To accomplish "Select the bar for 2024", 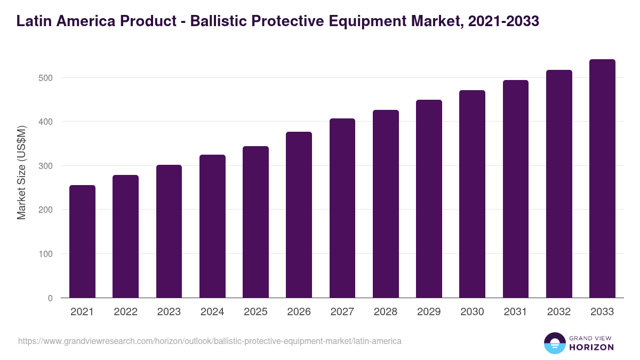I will tap(212, 226).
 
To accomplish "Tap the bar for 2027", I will tap(342, 208).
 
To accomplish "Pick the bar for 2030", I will tap(473, 194).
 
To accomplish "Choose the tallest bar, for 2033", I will tap(602, 179).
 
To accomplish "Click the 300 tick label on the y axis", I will tap(46, 166).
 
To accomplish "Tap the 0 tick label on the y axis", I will tap(50, 298).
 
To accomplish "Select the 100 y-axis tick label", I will tap(46, 254).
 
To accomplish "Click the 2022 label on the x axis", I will tap(125, 312).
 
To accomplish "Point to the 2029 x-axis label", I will tap(429, 312).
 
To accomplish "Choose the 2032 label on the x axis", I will tap(559, 312).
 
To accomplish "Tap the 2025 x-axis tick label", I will tap(255, 312).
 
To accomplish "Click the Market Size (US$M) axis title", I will tap(21, 173).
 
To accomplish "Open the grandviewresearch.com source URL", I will tap(210, 341).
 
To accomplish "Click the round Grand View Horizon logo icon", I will tap(554, 343).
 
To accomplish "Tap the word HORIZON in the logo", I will tap(591, 347).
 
